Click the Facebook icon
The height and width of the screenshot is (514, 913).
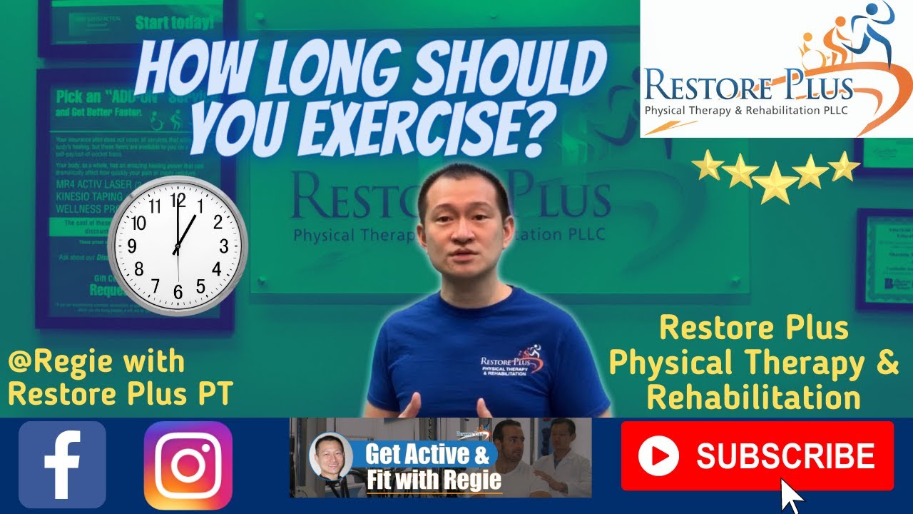pyautogui.click(x=62, y=465)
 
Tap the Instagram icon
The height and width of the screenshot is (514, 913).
pyautogui.click(x=188, y=465)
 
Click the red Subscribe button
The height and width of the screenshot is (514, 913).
pyautogui.click(x=757, y=455)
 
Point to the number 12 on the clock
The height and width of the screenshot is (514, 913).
pyautogui.click(x=178, y=199)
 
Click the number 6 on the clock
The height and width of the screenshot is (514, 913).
pyautogui.click(x=178, y=292)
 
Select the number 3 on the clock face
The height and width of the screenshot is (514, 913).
pyautogui.click(x=224, y=246)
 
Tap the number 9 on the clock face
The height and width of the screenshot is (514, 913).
pyautogui.click(x=132, y=247)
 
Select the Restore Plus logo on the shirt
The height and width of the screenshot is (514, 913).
pyautogui.click(x=512, y=360)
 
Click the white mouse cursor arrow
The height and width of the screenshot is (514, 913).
pyautogui.click(x=791, y=495)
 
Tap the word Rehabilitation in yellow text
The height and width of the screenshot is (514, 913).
pyautogui.click(x=753, y=398)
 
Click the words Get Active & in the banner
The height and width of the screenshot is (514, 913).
pyautogui.click(x=427, y=454)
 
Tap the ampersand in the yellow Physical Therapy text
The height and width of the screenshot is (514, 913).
pyautogui.click(x=887, y=363)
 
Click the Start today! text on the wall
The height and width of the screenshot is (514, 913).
pyautogui.click(x=174, y=22)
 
